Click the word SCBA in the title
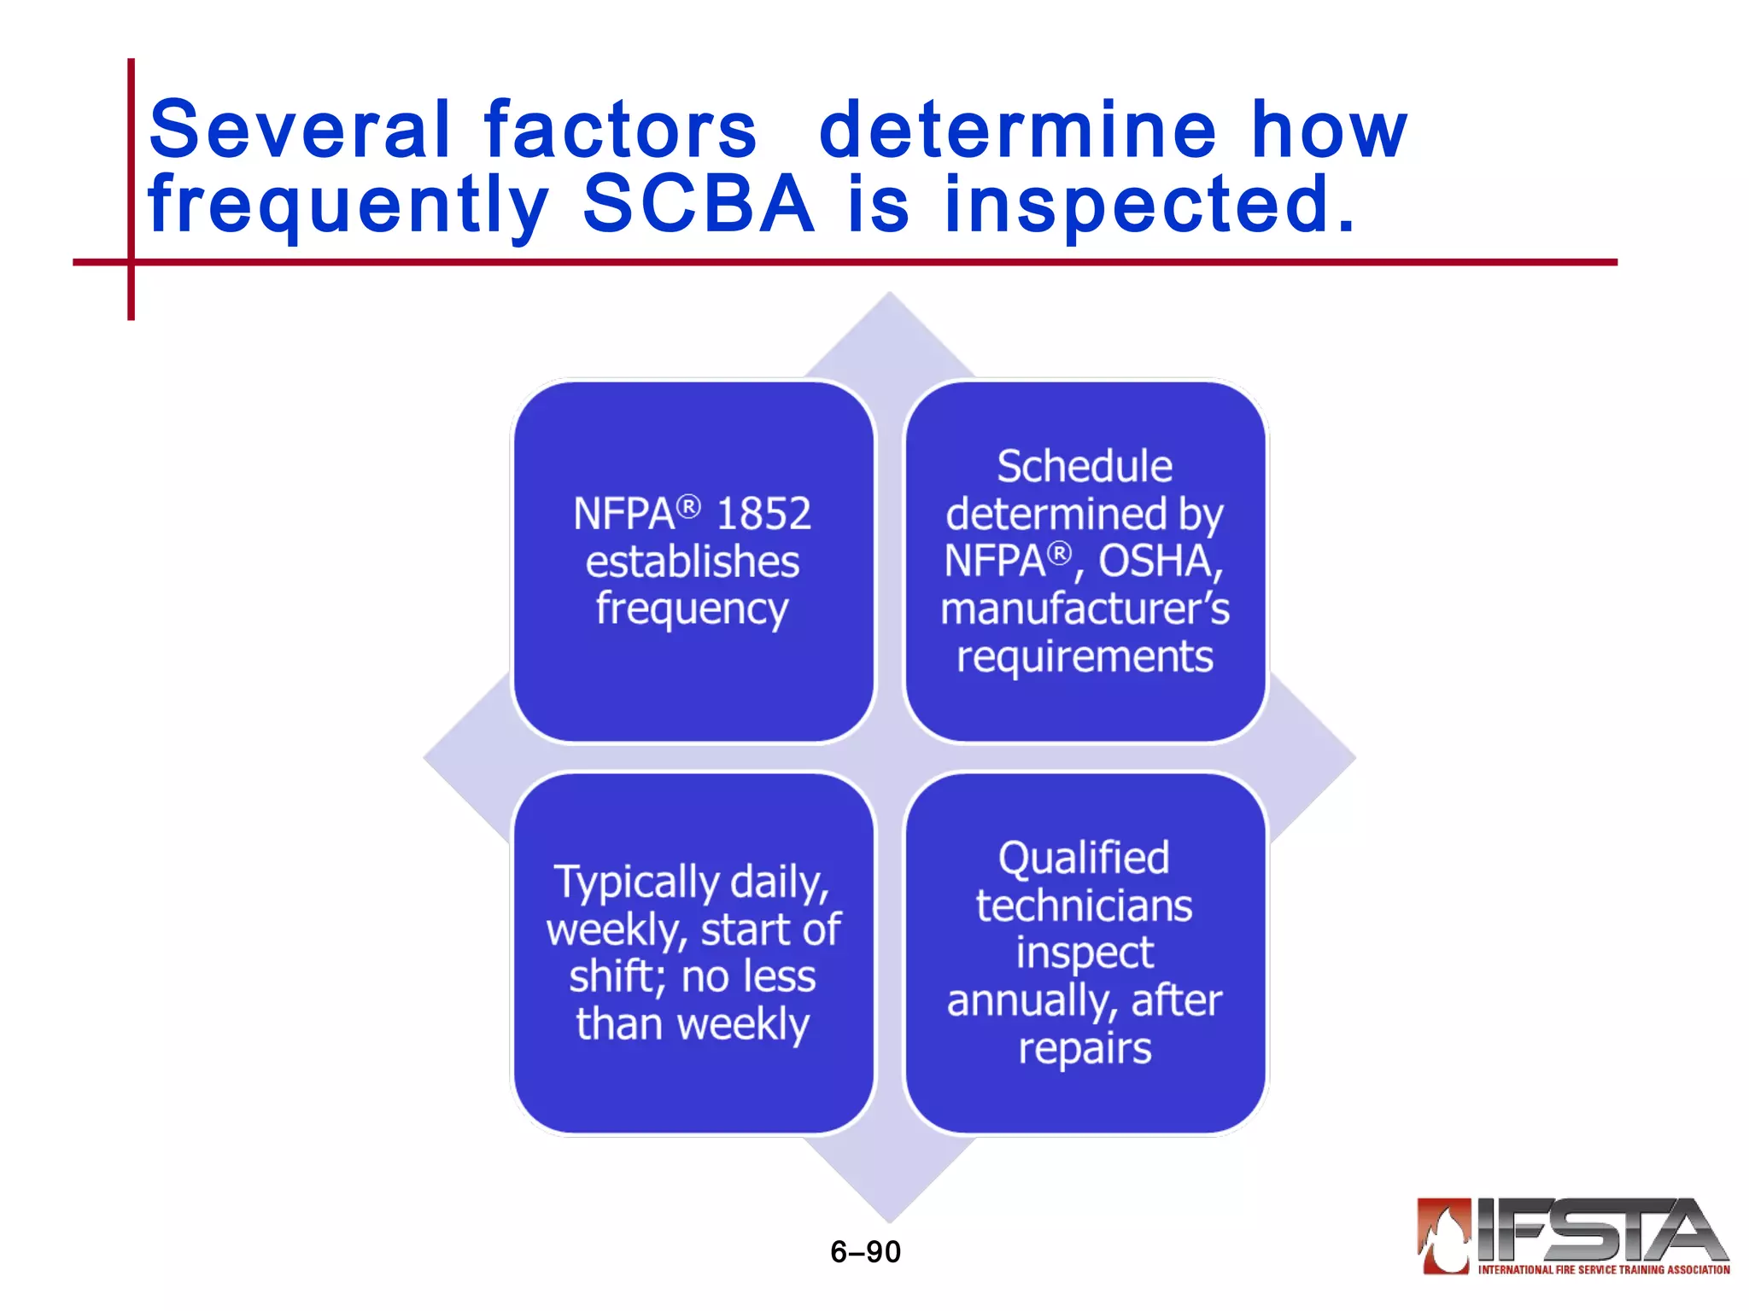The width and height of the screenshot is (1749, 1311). coord(698,204)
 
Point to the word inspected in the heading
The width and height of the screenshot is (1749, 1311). coord(1149,206)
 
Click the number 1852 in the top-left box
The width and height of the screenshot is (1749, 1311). coord(763,514)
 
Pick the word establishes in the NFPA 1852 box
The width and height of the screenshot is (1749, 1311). coord(693,562)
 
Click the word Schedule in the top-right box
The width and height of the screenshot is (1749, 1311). coord(1085,467)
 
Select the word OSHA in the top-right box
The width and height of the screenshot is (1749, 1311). coord(1160,562)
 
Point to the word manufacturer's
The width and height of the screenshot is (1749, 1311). coord(1085,609)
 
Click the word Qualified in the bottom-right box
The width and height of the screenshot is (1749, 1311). coord(1084,859)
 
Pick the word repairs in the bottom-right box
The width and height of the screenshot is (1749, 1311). coord(1085,1048)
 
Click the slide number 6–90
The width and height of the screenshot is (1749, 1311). coord(865,1252)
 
